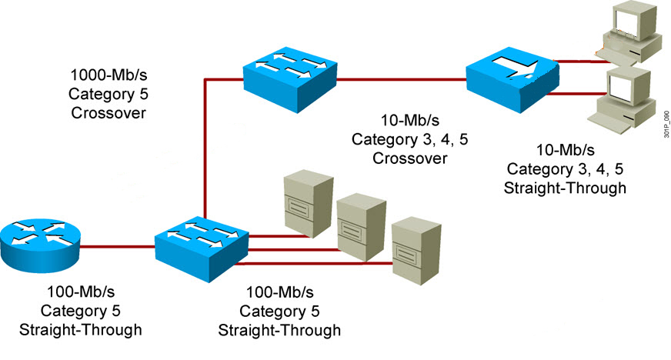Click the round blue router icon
click(x=38, y=239)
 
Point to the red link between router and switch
click(x=115, y=247)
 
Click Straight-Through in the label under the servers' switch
click(x=280, y=331)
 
